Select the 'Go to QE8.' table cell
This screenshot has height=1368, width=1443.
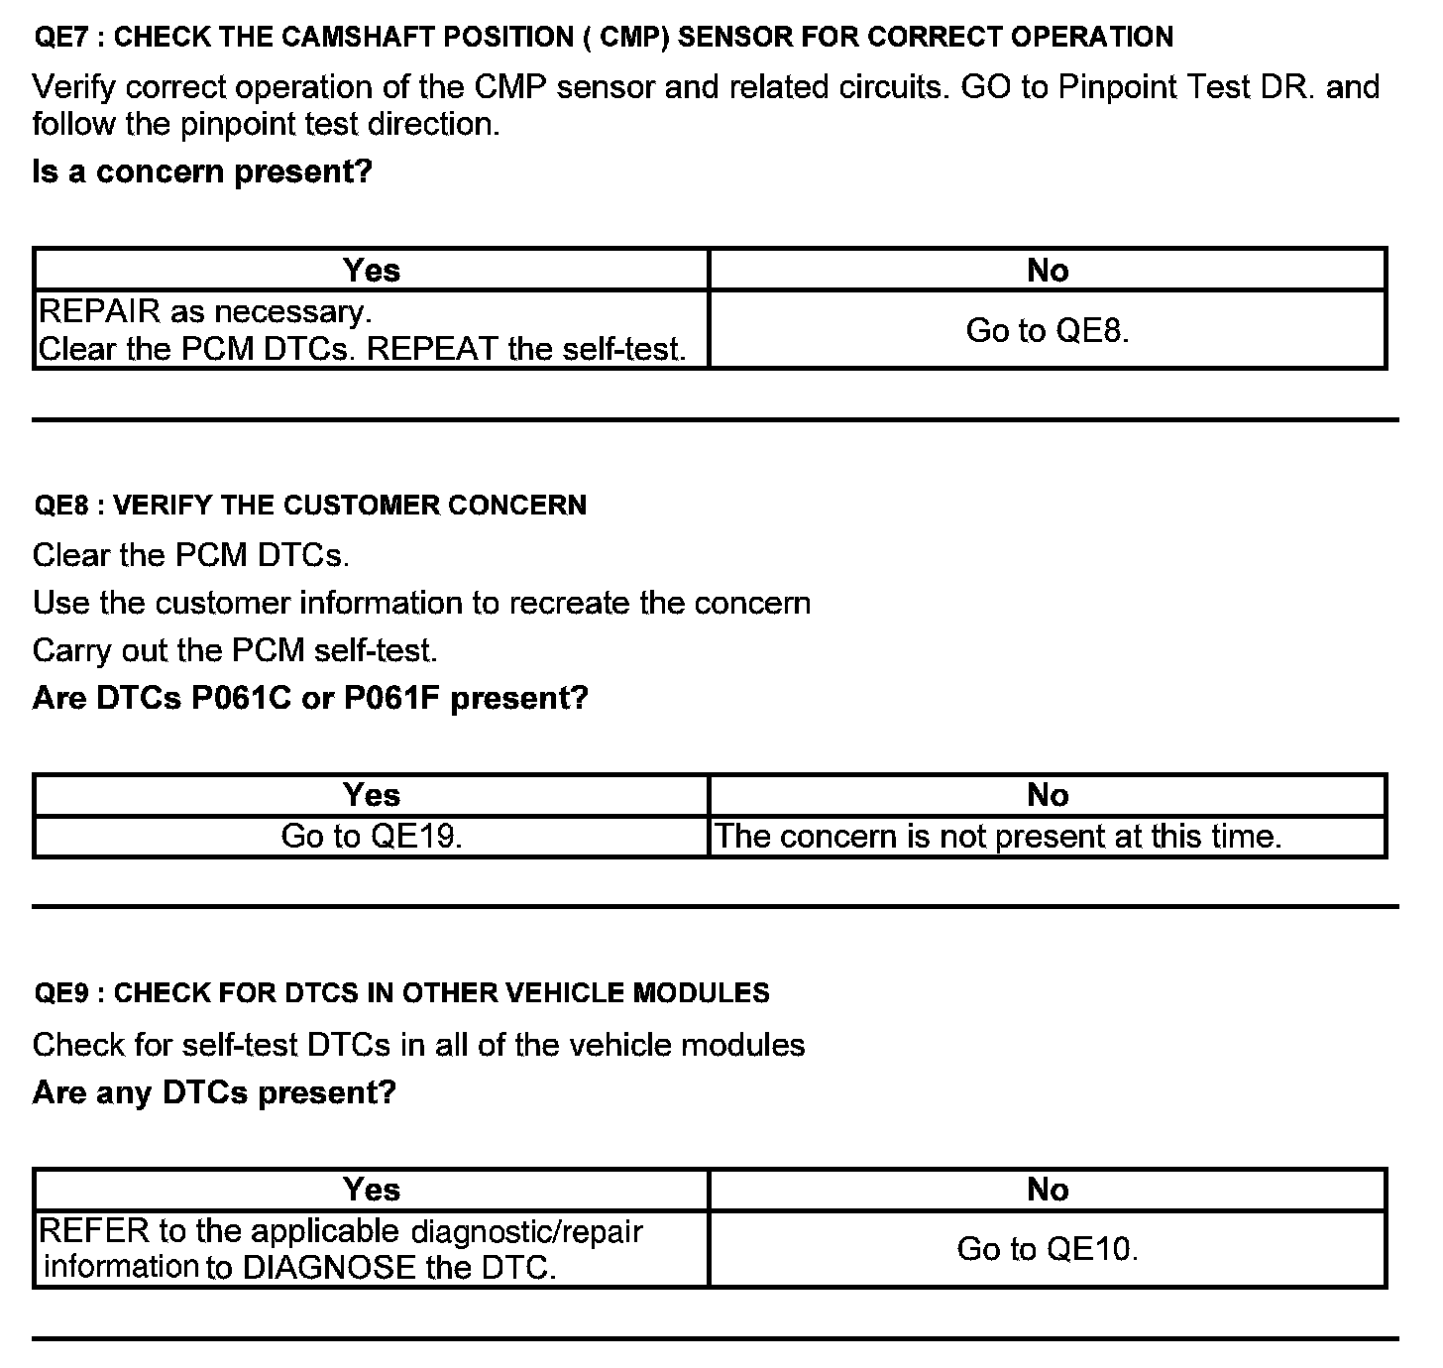coord(1048,330)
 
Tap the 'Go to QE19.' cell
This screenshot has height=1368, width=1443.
coord(372,837)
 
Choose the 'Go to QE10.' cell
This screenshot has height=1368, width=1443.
coord(1048,1249)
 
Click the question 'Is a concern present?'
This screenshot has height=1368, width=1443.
coord(202,171)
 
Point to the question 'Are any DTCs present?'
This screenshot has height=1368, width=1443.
coord(214,1092)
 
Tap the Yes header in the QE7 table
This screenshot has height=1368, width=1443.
coord(372,270)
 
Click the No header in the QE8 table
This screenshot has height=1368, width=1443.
coord(1048,795)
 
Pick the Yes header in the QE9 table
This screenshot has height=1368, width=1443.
coord(372,1190)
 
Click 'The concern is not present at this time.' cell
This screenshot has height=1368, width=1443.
coord(997,837)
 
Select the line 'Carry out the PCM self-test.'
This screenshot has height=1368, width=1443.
coord(235,650)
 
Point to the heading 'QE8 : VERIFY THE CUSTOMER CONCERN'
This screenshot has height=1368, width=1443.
coord(310,506)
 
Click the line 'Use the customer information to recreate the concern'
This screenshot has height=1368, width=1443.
coord(421,603)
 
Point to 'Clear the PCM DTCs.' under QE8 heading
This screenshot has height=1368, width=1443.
coord(191,555)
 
